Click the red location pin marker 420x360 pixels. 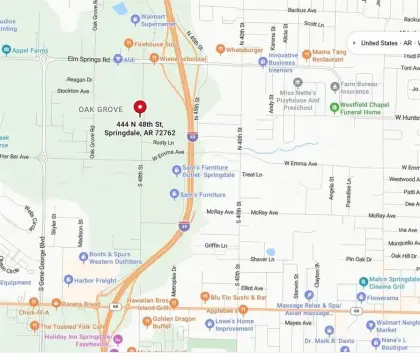pyautogui.click(x=140, y=107)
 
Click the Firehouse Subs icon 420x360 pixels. pyautogui.click(x=129, y=44)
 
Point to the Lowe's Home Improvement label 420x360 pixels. pyautogui.click(x=227, y=324)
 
